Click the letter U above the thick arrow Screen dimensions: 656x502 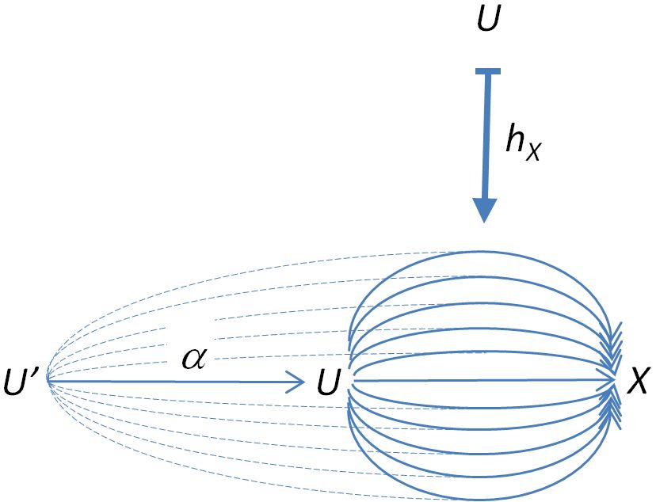pyautogui.click(x=488, y=18)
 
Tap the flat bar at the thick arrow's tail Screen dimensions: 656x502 pyautogui.click(x=488, y=71)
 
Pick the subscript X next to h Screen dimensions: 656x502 pyautogui.click(x=534, y=153)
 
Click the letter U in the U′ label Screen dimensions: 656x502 pyautogui.click(x=16, y=382)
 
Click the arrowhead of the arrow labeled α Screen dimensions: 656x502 pyautogui.click(x=296, y=381)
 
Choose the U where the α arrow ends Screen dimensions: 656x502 pyautogui.click(x=327, y=382)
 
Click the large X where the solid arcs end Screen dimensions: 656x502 pyautogui.click(x=638, y=381)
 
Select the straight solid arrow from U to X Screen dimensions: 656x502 pyautogui.click(x=484, y=380)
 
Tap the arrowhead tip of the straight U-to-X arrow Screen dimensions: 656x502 pyautogui.click(x=615, y=380)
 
